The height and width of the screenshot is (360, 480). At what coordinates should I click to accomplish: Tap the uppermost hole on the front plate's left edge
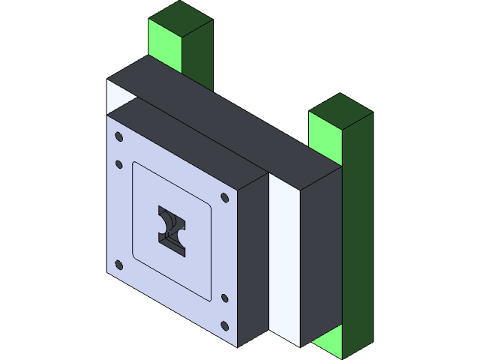tap(118, 136)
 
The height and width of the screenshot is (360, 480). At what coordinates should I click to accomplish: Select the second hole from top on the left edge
tap(118, 163)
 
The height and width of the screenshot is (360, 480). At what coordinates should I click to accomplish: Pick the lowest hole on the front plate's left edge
tap(118, 263)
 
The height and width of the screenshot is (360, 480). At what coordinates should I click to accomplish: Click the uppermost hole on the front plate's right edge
tap(225, 197)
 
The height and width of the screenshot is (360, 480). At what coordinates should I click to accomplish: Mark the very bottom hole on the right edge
tap(225, 325)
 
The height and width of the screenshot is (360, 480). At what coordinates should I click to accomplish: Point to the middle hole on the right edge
tap(225, 298)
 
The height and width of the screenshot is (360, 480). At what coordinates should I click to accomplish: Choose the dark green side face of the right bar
tap(358, 225)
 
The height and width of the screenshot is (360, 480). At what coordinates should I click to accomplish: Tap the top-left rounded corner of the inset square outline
tap(136, 166)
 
